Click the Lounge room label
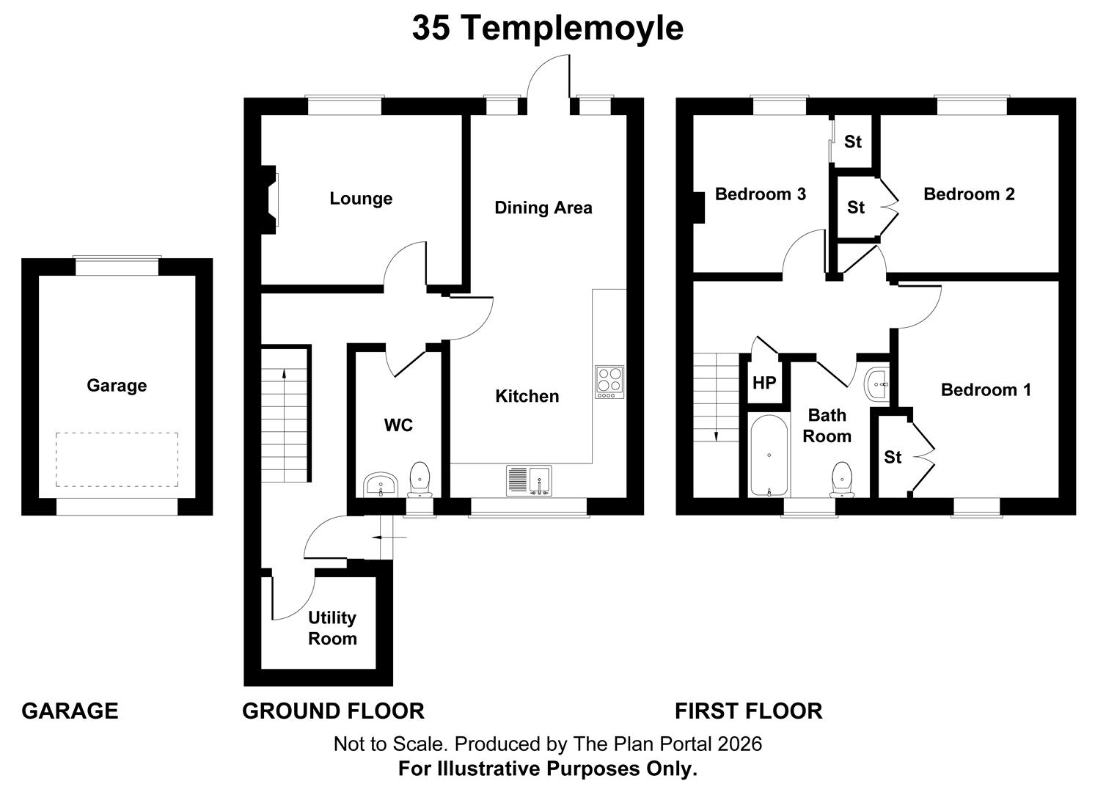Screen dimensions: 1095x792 pyautogui.click(x=361, y=199)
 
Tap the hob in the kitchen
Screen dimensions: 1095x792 pyautogui.click(x=609, y=382)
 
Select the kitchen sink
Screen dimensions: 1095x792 pyautogui.click(x=529, y=481)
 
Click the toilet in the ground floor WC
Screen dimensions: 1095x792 pyautogui.click(x=420, y=479)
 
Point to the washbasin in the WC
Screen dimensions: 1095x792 pyautogui.click(x=381, y=484)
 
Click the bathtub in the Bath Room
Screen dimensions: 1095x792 pyautogui.click(x=769, y=455)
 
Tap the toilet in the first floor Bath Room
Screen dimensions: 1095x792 pyautogui.click(x=842, y=480)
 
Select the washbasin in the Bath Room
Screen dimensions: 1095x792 pyautogui.click(x=877, y=385)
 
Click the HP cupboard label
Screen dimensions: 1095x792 pyautogui.click(x=764, y=383)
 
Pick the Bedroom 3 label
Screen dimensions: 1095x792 pyautogui.click(x=760, y=194)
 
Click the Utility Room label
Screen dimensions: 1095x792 pyautogui.click(x=332, y=628)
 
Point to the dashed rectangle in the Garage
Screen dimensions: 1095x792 pyautogui.click(x=117, y=460)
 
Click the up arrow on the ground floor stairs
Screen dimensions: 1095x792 pyautogui.click(x=284, y=425)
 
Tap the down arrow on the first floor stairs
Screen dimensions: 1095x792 pyautogui.click(x=716, y=397)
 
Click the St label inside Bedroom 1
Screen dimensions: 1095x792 pyautogui.click(x=893, y=457)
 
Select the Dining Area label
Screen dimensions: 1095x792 pyautogui.click(x=543, y=208)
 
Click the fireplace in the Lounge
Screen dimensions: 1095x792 pyautogui.click(x=270, y=200)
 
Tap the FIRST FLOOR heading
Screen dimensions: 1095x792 pyautogui.click(x=748, y=711)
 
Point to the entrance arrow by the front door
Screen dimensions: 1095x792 pyautogui.click(x=389, y=538)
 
